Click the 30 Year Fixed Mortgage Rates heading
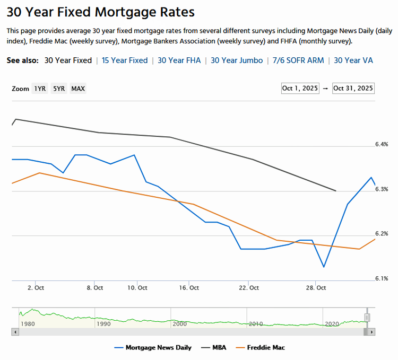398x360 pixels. [101, 12]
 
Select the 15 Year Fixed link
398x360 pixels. [125, 60]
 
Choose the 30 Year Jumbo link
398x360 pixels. [236, 60]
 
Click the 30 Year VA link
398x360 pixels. [353, 60]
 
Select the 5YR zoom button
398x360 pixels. [58, 89]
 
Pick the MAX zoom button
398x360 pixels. [78, 89]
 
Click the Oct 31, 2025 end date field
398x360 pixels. [353, 88]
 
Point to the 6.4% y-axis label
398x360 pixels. [382, 144]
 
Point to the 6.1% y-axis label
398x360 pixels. [382, 278]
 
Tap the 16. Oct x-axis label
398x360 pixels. [189, 288]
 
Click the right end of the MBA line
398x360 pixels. [336, 190]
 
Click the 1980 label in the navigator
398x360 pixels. [28, 323]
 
